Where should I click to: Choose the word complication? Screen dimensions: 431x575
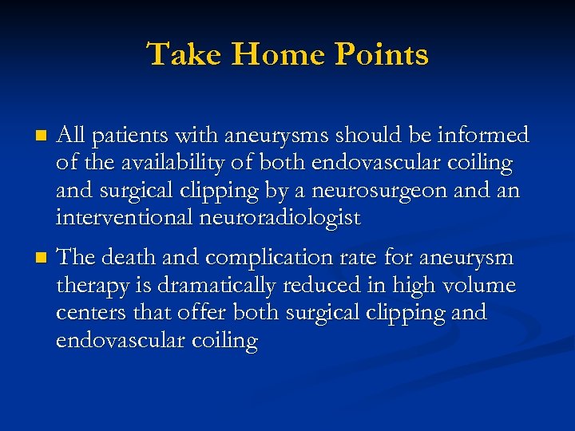pyautogui.click(x=263, y=259)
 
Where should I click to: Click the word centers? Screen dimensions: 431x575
pyautogui.click(x=88, y=312)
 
